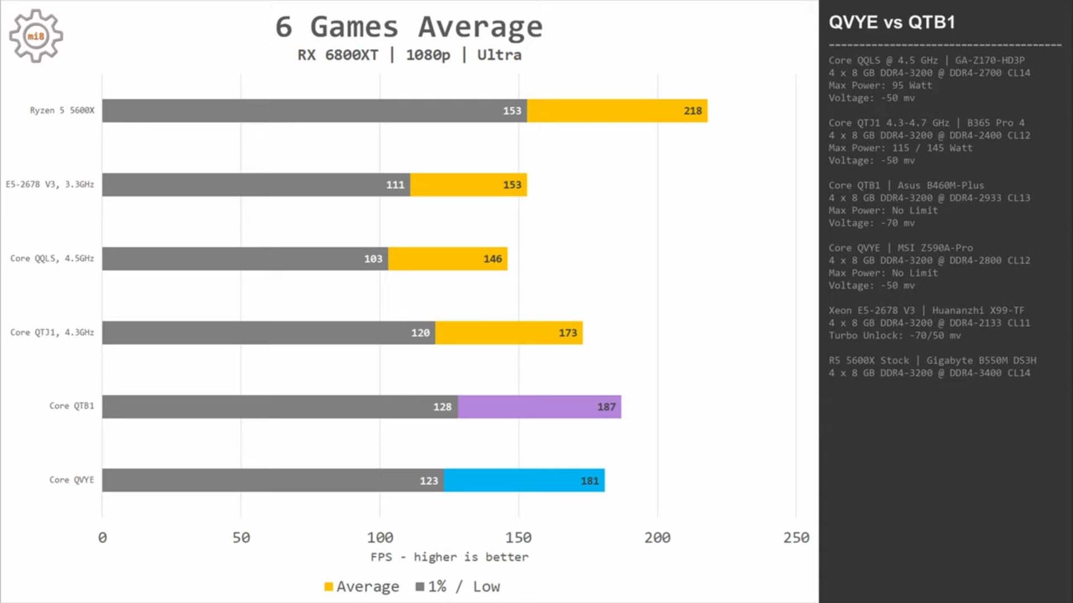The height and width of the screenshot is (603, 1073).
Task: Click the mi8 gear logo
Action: (36, 36)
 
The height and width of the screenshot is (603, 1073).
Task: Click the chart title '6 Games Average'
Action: (409, 27)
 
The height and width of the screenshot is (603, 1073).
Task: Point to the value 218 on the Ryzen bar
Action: (692, 111)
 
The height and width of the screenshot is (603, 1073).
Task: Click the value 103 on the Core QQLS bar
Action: (373, 259)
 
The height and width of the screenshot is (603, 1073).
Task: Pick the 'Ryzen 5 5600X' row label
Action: (62, 111)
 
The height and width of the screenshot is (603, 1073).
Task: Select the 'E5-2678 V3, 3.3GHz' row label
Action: (50, 184)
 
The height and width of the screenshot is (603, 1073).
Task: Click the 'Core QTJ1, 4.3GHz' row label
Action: (52, 332)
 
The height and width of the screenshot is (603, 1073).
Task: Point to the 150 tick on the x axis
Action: (518, 538)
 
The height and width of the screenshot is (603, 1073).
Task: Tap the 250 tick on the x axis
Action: (796, 538)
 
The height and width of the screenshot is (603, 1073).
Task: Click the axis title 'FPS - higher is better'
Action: (449, 557)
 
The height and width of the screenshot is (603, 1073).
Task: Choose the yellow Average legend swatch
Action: (329, 586)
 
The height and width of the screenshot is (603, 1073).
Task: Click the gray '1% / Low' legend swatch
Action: (420, 586)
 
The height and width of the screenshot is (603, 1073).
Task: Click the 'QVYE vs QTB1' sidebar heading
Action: (892, 22)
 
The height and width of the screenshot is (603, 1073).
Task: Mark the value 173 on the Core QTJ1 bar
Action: (567, 333)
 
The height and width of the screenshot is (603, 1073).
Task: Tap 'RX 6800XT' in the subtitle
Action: (338, 55)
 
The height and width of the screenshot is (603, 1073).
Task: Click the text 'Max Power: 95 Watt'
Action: (880, 85)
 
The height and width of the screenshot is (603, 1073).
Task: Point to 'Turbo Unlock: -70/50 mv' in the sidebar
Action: (895, 336)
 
